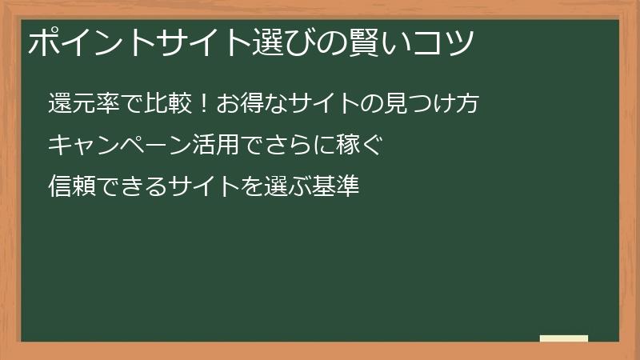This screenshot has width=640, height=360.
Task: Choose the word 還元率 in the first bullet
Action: pos(81,105)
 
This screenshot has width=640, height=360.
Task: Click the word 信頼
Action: pos(70,187)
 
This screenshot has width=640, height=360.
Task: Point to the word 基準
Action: pos(337,187)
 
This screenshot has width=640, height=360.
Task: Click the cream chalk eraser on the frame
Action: pos(564,338)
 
